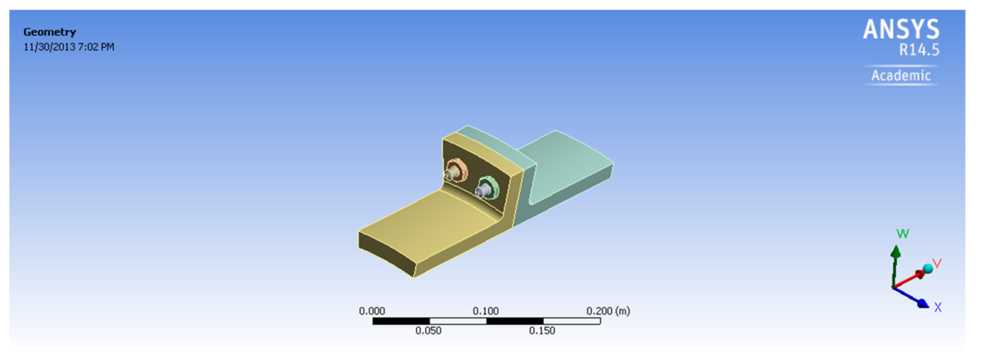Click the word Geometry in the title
(50, 32)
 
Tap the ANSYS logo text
(900, 29)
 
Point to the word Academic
(900, 76)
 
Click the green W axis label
(902, 234)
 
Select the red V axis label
(937, 264)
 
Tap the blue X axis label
(938, 307)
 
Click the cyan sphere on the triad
(927, 269)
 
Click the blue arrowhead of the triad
(923, 304)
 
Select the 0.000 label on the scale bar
(372, 311)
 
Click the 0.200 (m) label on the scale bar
(607, 311)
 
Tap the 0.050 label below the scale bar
(428, 331)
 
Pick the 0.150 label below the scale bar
(542, 331)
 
